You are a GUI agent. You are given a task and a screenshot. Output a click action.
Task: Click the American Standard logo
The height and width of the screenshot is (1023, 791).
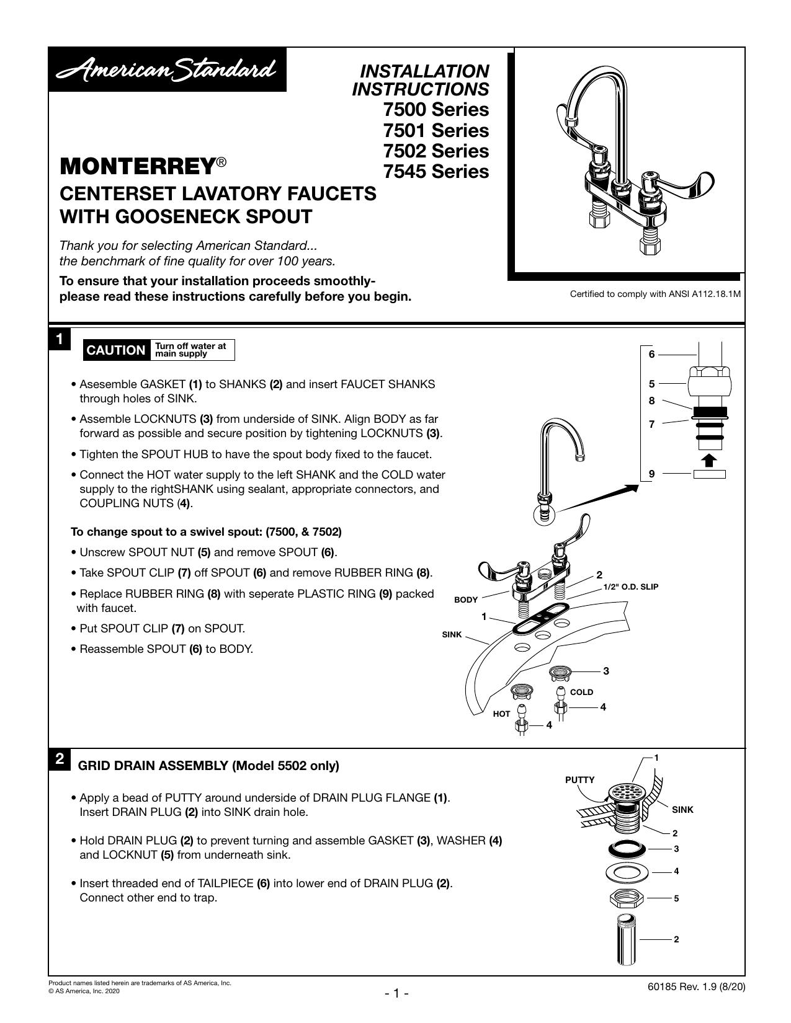click(168, 69)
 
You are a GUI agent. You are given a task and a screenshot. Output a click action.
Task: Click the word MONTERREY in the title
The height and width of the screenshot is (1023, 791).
click(138, 166)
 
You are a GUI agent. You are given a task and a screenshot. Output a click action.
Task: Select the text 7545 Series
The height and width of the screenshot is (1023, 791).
click(436, 171)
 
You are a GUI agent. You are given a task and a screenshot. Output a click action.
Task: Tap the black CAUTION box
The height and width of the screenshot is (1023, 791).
click(116, 350)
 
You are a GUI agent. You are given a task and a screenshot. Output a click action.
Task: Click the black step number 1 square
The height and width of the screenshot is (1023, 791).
click(59, 339)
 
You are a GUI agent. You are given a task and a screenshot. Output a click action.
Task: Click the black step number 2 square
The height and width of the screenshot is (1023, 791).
click(59, 759)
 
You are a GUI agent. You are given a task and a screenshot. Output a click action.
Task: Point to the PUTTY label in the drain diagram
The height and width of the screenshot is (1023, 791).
click(579, 780)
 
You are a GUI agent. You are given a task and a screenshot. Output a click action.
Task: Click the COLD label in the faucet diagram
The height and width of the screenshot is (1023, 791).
click(581, 692)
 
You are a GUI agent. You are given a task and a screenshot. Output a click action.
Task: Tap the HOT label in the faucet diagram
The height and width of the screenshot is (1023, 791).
click(501, 714)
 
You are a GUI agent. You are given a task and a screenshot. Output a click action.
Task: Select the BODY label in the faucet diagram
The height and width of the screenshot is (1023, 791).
click(465, 600)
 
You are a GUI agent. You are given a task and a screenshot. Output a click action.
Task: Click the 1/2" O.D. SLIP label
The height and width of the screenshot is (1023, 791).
click(630, 587)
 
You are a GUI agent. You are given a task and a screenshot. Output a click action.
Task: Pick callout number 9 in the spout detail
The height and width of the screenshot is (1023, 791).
click(651, 474)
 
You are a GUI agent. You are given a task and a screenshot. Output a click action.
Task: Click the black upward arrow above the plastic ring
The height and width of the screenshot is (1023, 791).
click(710, 460)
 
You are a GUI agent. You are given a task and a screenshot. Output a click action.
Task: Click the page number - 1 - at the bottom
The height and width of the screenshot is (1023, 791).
click(396, 993)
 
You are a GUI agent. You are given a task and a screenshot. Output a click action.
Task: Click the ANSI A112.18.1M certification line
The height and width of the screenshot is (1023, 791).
click(655, 294)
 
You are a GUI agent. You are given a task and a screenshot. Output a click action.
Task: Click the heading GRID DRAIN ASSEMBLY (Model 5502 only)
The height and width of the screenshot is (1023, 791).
click(208, 766)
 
